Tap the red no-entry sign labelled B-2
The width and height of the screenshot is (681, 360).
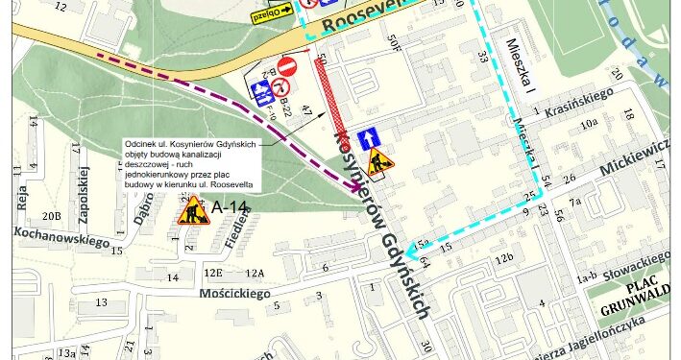click(285, 67)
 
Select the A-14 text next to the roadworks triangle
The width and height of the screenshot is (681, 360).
click(231, 206)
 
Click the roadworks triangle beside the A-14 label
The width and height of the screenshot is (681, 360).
click(191, 209)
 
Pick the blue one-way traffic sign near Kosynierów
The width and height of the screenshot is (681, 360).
click(367, 139)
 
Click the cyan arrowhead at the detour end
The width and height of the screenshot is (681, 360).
click(412, 252)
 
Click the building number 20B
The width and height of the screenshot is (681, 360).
click(51, 215)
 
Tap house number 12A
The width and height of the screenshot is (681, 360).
click(254, 274)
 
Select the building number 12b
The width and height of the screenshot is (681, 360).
click(504, 258)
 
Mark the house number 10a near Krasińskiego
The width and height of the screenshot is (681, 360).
click(588, 124)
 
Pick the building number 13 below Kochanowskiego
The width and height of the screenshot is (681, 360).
click(100, 303)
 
